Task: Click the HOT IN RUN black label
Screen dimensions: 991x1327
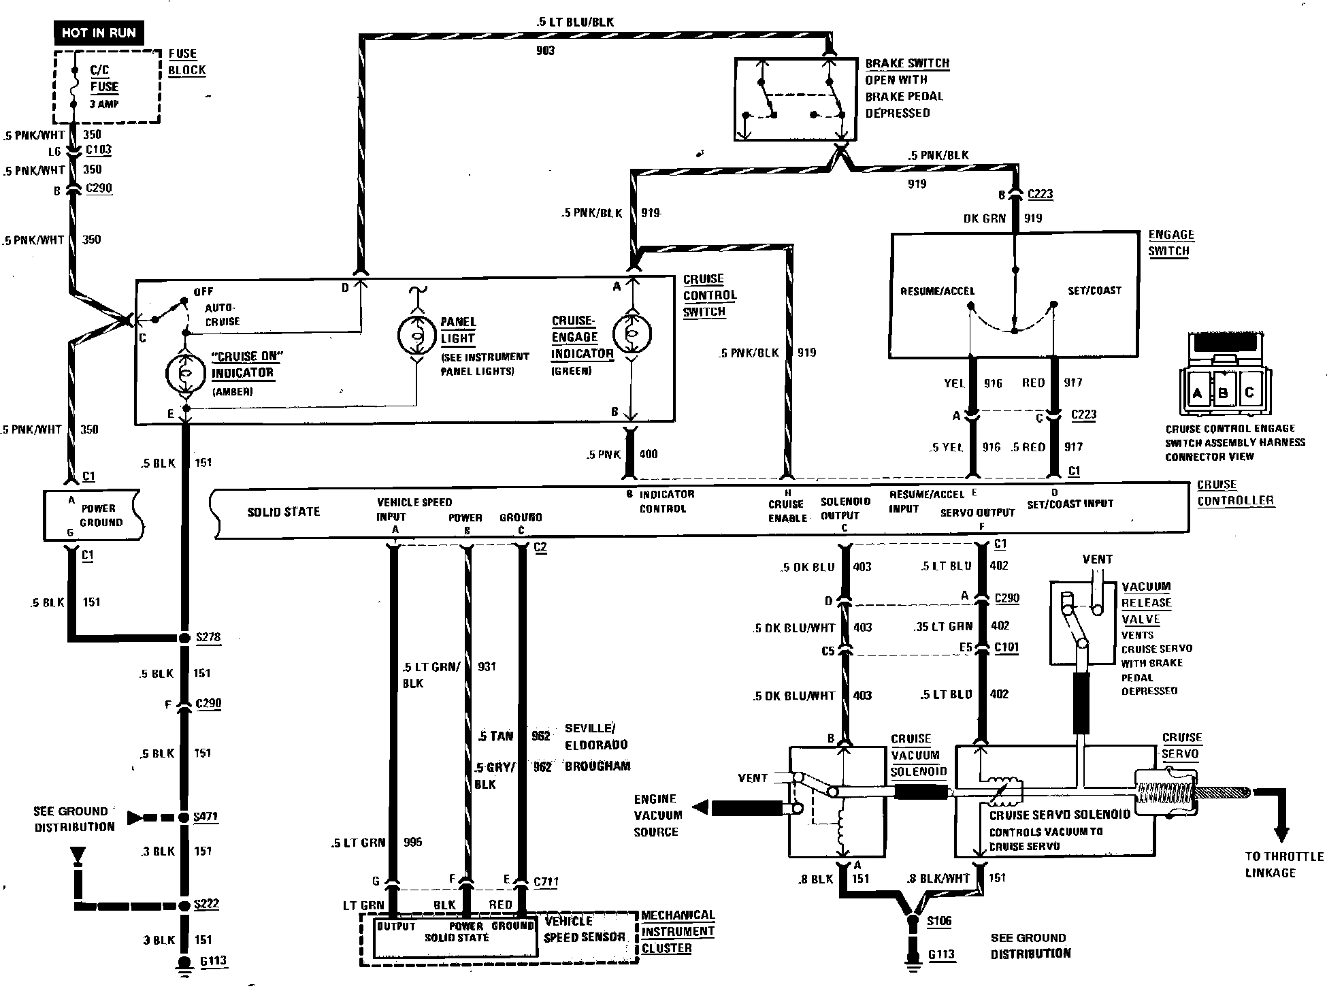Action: [x=99, y=33]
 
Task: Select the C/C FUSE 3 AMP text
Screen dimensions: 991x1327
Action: [x=104, y=86]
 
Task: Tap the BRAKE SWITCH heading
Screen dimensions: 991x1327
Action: [x=906, y=63]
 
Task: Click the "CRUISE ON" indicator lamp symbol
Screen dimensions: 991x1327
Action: [x=184, y=373]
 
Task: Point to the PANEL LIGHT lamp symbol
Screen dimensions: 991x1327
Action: [x=416, y=334]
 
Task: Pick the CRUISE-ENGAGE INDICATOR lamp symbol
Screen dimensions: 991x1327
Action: [x=632, y=333]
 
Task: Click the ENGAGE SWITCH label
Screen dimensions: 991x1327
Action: [x=1170, y=243]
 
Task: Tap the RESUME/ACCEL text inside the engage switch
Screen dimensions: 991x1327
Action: [x=937, y=291]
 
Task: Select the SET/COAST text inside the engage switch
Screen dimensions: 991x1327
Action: [x=1094, y=290]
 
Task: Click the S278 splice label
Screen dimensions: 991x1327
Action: [x=208, y=637]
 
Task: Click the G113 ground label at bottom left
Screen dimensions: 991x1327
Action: [x=212, y=961]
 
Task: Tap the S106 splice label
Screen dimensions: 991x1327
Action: [x=940, y=921]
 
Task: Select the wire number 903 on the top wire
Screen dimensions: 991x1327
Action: [x=545, y=50]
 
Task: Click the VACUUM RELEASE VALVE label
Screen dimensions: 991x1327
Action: [x=1146, y=603]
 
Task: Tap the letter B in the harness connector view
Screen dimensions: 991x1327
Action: [x=1223, y=393]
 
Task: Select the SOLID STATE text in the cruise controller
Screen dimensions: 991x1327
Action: [x=283, y=512]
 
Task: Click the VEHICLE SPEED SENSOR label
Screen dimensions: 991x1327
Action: [x=584, y=929]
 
